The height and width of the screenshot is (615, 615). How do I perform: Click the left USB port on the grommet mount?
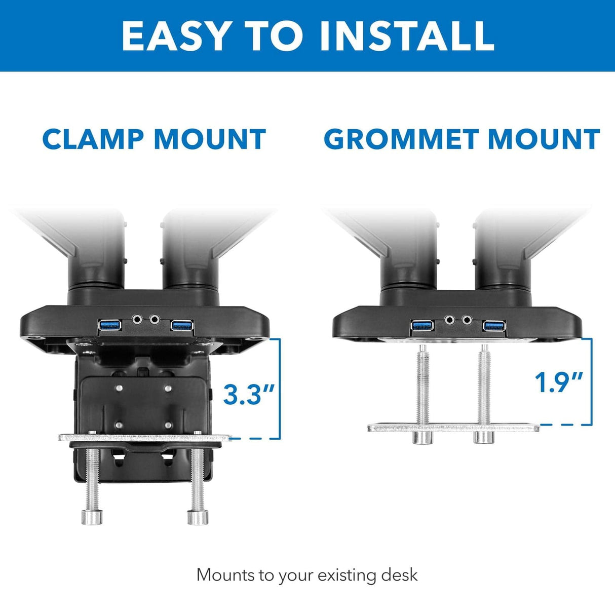click(x=422, y=326)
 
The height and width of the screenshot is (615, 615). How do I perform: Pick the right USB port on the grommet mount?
click(x=494, y=326)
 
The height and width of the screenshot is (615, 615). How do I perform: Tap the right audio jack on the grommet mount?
click(x=466, y=320)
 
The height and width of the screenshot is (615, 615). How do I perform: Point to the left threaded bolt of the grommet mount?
click(x=421, y=388)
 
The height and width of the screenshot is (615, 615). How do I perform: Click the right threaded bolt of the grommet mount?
click(x=483, y=388)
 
